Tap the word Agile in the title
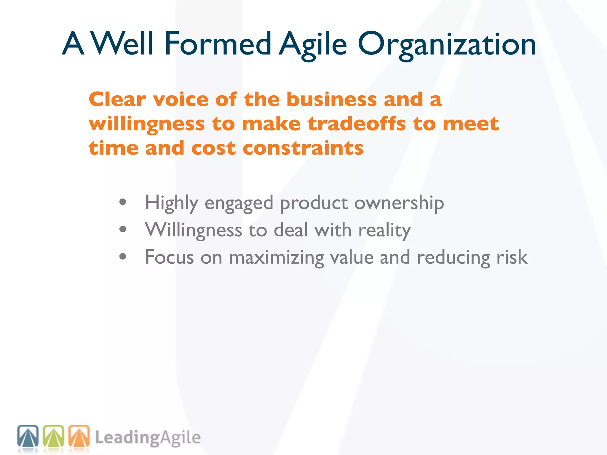coord(313,44)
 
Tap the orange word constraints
coord(303,148)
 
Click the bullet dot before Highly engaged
coord(123,202)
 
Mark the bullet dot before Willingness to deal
coord(123,229)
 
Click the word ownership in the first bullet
coord(399,203)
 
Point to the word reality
coord(384,230)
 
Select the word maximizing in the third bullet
coord(276,257)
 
